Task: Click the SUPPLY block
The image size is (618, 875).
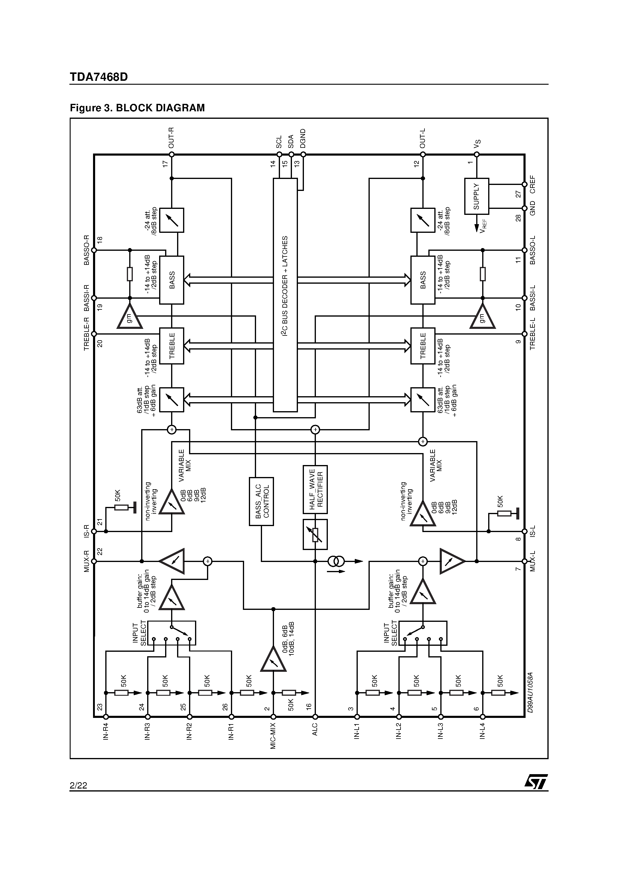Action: [476, 196]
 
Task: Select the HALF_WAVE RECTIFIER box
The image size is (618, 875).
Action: [315, 489]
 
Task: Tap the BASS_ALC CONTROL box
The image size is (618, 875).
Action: [261, 501]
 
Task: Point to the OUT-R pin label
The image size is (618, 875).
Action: [171, 138]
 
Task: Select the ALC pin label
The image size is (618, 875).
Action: [315, 730]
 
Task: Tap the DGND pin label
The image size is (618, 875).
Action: [303, 139]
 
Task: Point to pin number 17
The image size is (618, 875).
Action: [165, 163]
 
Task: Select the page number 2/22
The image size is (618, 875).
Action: [78, 786]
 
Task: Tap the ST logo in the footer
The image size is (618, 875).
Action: [536, 782]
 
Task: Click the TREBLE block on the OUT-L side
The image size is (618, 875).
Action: [423, 346]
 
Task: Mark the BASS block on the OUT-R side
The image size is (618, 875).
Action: [171, 280]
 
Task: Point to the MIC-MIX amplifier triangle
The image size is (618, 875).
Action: [273, 660]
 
